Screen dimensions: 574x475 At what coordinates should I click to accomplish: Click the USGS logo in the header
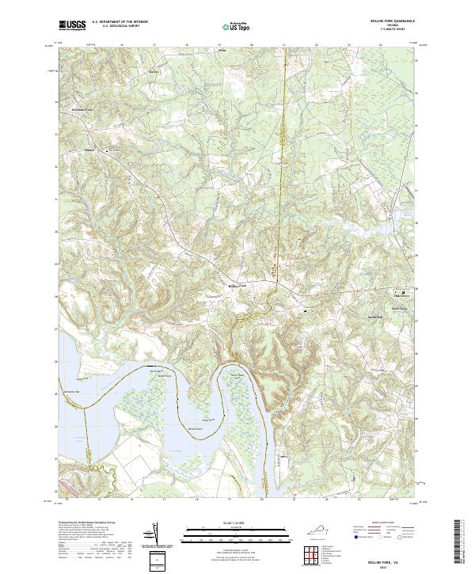pyautogui.click(x=72, y=26)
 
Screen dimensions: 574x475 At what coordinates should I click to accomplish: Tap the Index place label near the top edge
pyautogui.click(x=222, y=48)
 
